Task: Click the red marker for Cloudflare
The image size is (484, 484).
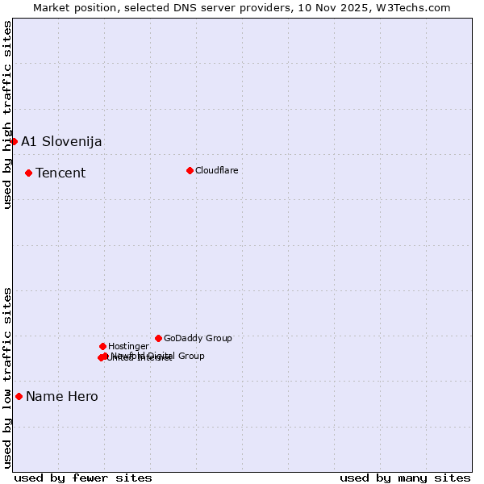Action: pos(190,170)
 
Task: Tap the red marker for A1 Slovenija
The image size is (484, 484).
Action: pos(14,142)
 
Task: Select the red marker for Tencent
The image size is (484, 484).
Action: pos(28,173)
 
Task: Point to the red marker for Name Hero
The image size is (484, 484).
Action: pos(19,396)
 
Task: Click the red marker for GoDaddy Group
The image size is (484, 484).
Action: pos(158,338)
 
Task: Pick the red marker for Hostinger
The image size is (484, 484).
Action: pos(102,346)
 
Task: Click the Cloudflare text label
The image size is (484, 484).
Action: pos(217,170)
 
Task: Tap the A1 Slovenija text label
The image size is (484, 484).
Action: pos(61,142)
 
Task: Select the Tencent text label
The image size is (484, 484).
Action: pos(60,173)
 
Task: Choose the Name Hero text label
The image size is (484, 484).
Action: pos(62,396)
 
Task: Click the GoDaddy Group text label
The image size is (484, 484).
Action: pos(198,338)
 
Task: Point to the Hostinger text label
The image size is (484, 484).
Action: pos(128,346)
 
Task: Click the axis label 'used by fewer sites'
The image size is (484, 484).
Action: pos(83,478)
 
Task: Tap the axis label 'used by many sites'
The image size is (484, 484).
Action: pos(405,478)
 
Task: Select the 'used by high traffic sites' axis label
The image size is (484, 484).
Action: pos(7,115)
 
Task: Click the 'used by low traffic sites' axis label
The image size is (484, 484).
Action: pos(7,378)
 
